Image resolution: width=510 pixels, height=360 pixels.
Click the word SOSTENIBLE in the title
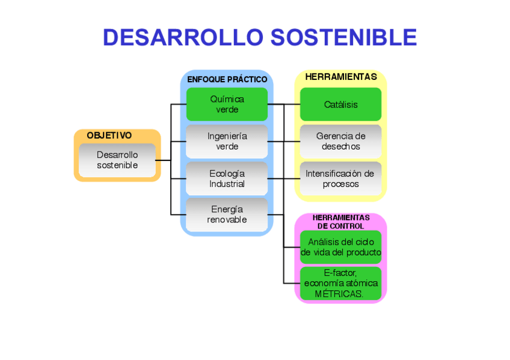click(x=343, y=37)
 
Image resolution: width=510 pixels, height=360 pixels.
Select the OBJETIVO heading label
click(x=109, y=136)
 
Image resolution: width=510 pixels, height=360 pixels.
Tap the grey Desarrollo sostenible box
click(x=117, y=160)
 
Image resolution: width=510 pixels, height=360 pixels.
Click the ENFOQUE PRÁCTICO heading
click(x=227, y=79)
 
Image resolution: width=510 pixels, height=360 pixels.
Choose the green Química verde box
click(x=227, y=104)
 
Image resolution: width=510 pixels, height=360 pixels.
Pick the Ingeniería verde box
click(x=227, y=141)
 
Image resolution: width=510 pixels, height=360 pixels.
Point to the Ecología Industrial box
click(x=227, y=178)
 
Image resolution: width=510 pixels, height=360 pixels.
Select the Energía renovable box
click(x=227, y=215)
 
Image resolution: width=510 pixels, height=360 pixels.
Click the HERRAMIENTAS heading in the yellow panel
click(x=341, y=77)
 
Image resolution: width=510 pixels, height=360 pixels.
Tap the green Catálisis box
click(x=340, y=104)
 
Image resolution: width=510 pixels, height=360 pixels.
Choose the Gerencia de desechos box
click(x=340, y=141)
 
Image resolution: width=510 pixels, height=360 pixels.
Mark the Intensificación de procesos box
click(x=340, y=178)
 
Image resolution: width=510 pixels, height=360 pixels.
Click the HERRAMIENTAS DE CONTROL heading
click(x=340, y=221)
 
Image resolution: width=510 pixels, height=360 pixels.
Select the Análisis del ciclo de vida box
click(x=340, y=247)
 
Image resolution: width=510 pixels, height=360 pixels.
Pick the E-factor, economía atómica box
click(x=340, y=283)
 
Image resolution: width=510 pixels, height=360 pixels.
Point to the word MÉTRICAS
click(x=339, y=294)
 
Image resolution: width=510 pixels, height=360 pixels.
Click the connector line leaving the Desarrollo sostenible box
click(x=163, y=160)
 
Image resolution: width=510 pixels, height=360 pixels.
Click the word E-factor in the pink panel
click(x=340, y=273)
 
